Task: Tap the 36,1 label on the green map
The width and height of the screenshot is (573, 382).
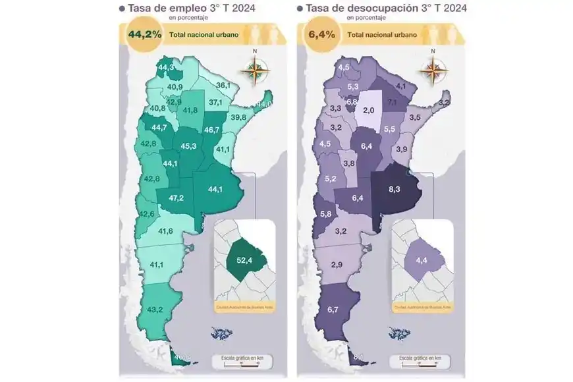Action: pos(223,86)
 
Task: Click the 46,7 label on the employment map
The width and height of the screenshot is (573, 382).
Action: pos(211,130)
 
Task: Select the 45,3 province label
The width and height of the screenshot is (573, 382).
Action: pos(188,146)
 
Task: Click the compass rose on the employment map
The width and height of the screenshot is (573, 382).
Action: pos(256,68)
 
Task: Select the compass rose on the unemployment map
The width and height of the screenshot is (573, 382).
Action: pos(433,68)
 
